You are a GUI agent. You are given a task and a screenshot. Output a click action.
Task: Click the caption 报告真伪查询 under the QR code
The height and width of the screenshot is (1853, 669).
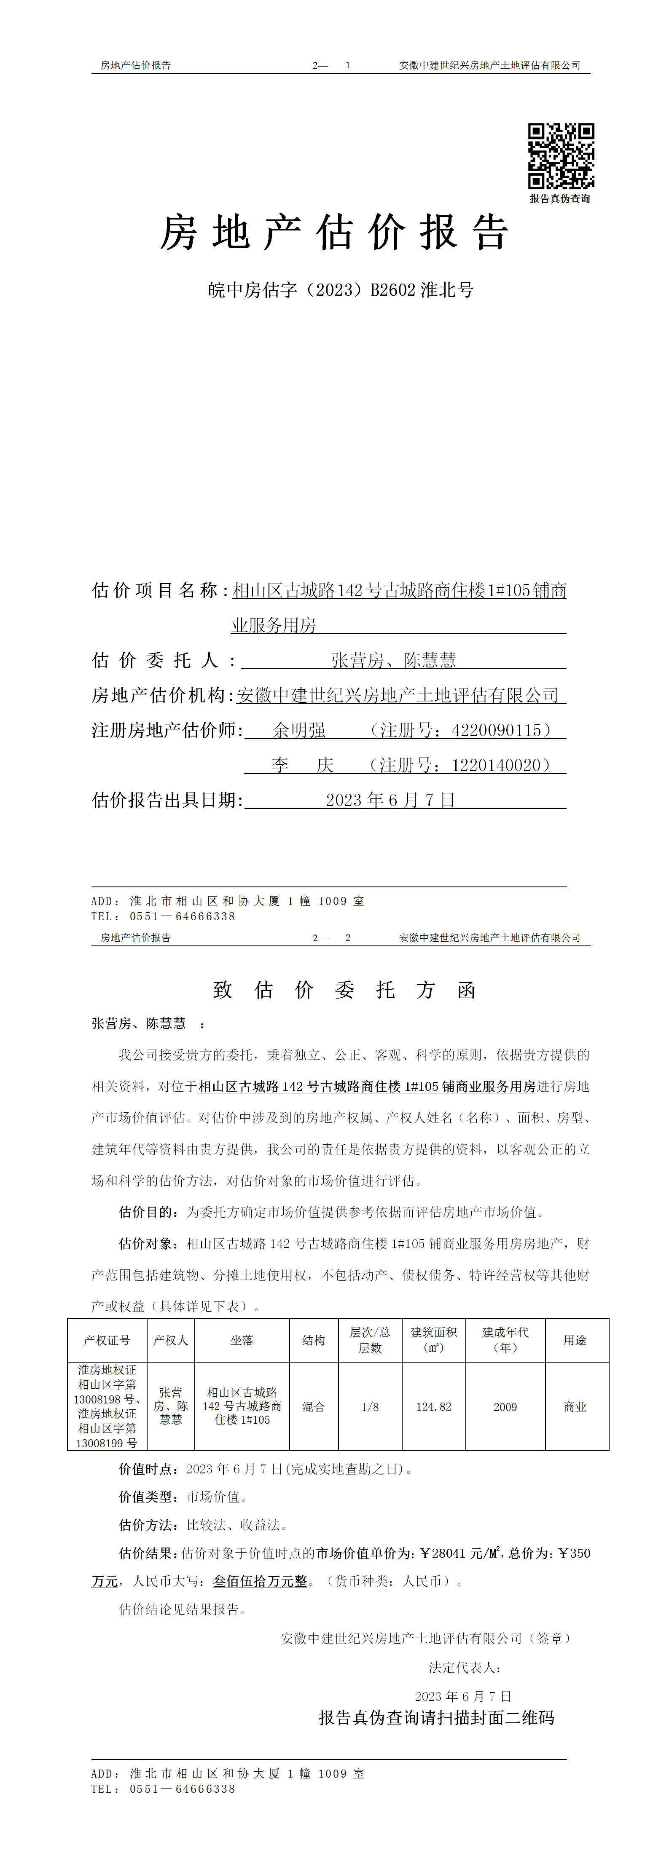pyautogui.click(x=560, y=198)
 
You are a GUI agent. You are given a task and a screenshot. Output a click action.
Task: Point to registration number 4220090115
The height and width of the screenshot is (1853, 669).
pyautogui.click(x=496, y=730)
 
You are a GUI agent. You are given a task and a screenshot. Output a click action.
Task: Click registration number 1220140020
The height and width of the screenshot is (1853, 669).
pyautogui.click(x=496, y=765)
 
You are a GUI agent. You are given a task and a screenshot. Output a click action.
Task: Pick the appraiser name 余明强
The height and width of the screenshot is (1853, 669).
pyautogui.click(x=299, y=730)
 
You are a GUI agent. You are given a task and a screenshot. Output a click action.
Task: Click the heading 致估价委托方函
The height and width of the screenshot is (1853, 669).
pyautogui.click(x=344, y=990)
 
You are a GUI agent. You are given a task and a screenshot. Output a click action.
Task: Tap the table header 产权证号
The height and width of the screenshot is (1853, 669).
pyautogui.click(x=107, y=1340)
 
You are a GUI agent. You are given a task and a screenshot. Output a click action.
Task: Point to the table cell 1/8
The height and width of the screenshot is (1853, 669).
pyautogui.click(x=370, y=1406)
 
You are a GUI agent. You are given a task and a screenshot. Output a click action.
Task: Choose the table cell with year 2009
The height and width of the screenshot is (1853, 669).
pyautogui.click(x=505, y=1406)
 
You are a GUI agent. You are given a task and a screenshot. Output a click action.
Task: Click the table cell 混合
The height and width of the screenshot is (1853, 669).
pyautogui.click(x=314, y=1406)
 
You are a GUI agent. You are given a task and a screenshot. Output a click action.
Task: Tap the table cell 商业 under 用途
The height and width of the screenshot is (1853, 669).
pyautogui.click(x=575, y=1406)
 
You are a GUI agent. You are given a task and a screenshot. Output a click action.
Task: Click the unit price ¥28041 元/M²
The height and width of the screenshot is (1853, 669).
pyautogui.click(x=459, y=1553)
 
